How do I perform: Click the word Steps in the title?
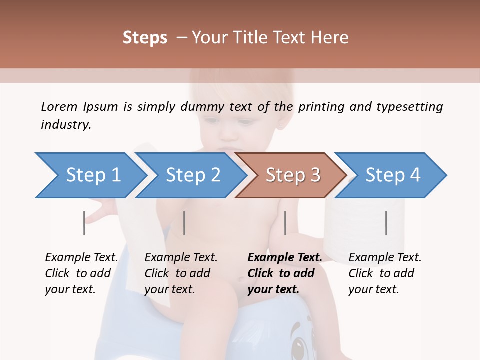pos(145,38)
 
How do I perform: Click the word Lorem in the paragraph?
pos(59,107)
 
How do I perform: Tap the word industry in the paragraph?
pos(66,125)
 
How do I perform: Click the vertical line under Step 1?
pos(84,223)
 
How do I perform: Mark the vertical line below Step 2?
pos(184,223)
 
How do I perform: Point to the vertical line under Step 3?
pos(285,223)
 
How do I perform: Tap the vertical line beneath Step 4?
pos(386,223)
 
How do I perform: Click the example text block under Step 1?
pos(81,273)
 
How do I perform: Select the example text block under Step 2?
pos(181,273)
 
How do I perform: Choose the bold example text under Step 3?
pos(284,273)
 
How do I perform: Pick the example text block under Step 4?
pos(385,273)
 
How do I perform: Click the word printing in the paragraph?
pos(321,107)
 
